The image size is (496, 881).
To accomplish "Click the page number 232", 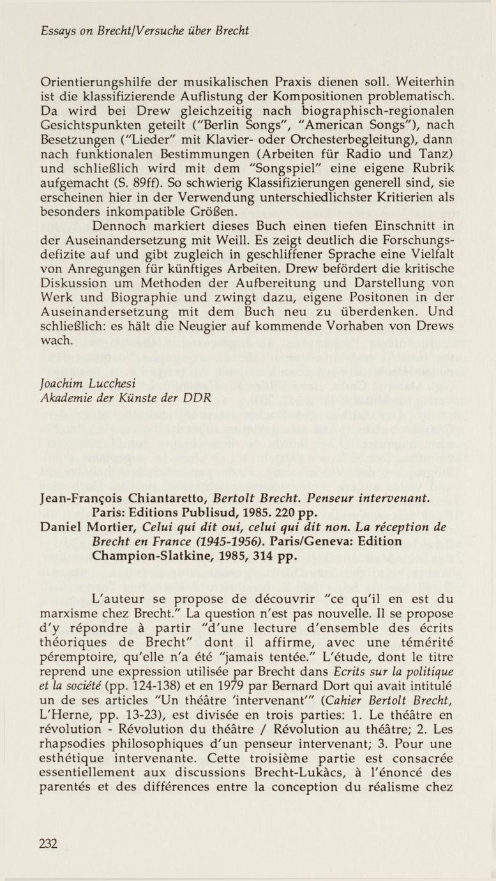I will pyautogui.click(x=49, y=844).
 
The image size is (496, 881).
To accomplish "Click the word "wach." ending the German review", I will pyautogui.click(x=56, y=341).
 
